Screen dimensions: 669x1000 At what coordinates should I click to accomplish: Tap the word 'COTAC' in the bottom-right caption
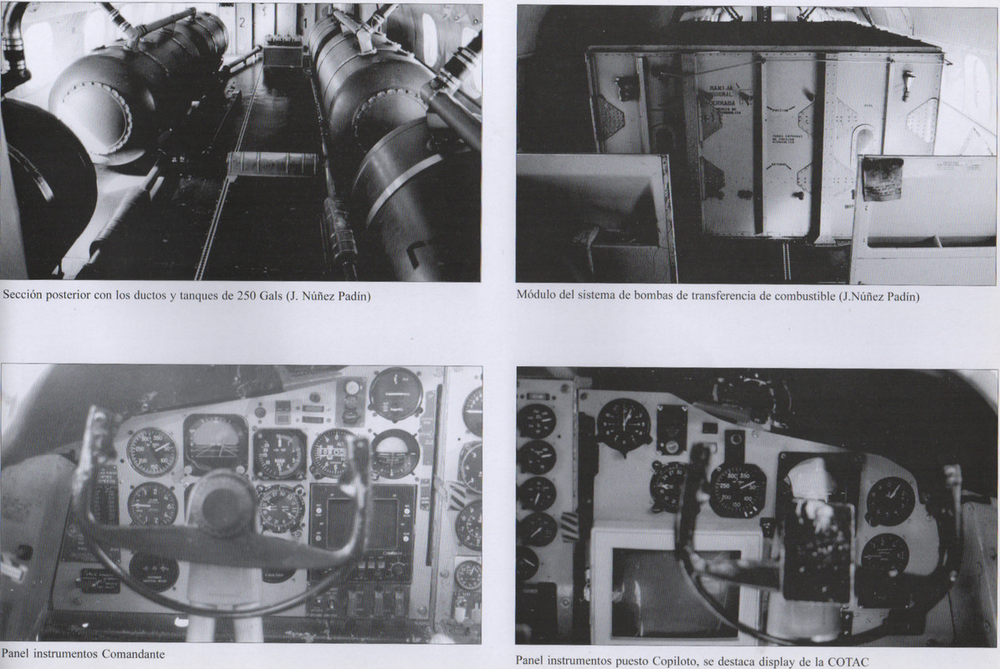click(x=844, y=661)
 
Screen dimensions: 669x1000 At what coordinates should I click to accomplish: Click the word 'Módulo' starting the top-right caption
click(x=537, y=295)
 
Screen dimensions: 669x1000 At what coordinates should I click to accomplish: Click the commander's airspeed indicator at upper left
click(x=151, y=452)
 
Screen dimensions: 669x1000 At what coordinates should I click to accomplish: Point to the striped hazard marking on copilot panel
click(x=569, y=527)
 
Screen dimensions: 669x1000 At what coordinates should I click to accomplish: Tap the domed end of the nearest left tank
click(x=89, y=118)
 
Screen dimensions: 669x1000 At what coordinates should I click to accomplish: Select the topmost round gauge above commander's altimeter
click(x=395, y=393)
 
